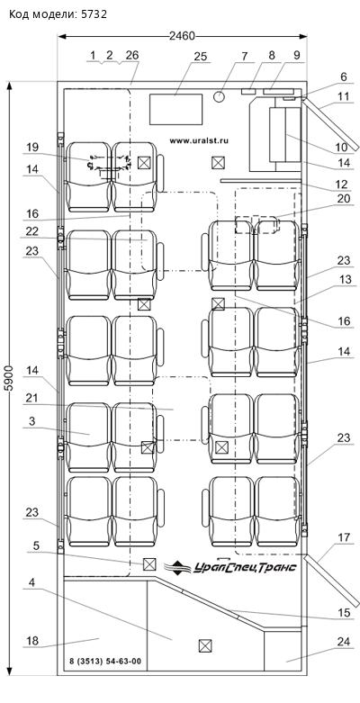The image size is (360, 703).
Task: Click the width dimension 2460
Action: click(182, 36)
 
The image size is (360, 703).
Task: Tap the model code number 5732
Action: click(94, 14)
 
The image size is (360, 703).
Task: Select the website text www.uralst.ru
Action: click(199, 140)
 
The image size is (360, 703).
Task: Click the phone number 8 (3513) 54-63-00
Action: click(105, 661)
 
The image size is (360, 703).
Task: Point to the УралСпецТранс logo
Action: click(230, 566)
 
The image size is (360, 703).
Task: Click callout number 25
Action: click(201, 56)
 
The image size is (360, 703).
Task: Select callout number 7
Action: click(244, 56)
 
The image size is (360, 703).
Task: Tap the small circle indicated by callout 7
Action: click(220, 96)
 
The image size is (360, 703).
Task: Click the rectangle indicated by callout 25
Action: click(175, 109)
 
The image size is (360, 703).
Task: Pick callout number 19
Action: click(32, 147)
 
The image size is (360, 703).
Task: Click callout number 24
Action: click(343, 642)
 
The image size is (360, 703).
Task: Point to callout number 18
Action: click(32, 640)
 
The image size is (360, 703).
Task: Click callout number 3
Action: click(32, 421)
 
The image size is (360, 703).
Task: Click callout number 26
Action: click(132, 55)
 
